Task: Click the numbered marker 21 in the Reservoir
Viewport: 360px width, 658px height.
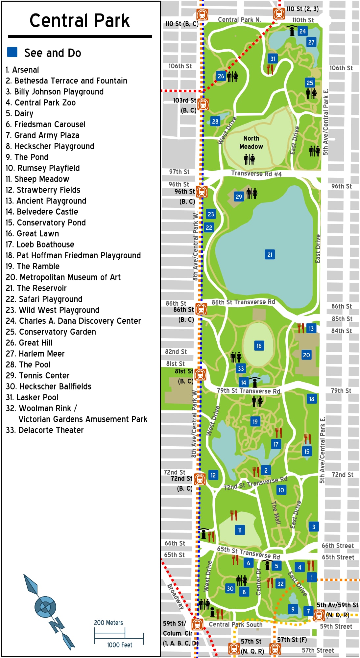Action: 270,254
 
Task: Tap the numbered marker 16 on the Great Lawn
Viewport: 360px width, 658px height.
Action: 259,346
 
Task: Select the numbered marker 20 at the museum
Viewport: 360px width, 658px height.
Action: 306,355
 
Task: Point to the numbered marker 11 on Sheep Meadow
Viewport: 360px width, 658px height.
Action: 240,530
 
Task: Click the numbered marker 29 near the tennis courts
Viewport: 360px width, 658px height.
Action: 239,197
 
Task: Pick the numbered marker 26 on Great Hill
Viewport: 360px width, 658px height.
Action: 221,76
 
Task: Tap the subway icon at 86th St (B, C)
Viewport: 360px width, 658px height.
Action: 201,309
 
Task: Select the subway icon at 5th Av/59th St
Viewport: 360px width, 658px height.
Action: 319,615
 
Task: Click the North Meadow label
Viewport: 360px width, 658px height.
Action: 251,142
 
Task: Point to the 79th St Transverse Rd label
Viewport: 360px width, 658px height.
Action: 249,391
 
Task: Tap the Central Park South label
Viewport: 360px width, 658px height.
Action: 235,624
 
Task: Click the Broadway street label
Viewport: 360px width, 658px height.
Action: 175,597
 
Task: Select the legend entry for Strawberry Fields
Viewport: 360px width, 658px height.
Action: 43,190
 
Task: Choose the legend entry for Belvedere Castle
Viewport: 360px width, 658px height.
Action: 42,212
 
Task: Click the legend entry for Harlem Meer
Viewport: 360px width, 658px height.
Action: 35,354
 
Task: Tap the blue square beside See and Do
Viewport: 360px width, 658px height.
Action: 12,52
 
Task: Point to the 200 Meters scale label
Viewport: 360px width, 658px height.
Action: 108,623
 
